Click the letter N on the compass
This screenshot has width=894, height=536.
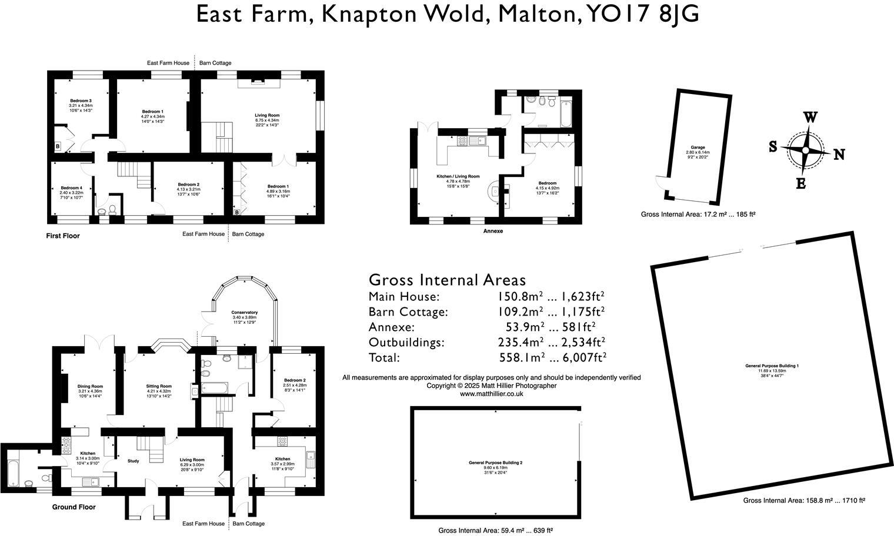pyautogui.click(x=839, y=155)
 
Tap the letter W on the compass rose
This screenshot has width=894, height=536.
pyautogui.click(x=810, y=117)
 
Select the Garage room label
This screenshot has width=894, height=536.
pyautogui.click(x=698, y=148)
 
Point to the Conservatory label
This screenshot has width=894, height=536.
pyautogui.click(x=244, y=313)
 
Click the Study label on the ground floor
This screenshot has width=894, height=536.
pyautogui.click(x=134, y=461)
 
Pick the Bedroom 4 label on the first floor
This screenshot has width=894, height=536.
pyautogui.click(x=71, y=188)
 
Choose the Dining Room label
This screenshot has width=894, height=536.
pyautogui.click(x=90, y=386)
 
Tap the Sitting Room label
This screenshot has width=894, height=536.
pyautogui.click(x=159, y=386)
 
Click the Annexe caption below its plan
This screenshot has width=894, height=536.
pyautogui.click(x=493, y=232)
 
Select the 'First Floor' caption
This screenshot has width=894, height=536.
pyautogui.click(x=63, y=236)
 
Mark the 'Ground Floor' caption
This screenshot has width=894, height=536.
pyautogui.click(x=74, y=507)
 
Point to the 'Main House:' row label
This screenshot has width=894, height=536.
pyautogui.click(x=403, y=296)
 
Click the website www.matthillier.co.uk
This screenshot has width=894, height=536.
pyautogui.click(x=491, y=394)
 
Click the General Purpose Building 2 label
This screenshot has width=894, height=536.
pyautogui.click(x=495, y=463)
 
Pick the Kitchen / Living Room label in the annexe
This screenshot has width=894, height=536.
pyautogui.click(x=458, y=176)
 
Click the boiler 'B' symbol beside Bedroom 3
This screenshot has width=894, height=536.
pyautogui.click(x=58, y=146)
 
